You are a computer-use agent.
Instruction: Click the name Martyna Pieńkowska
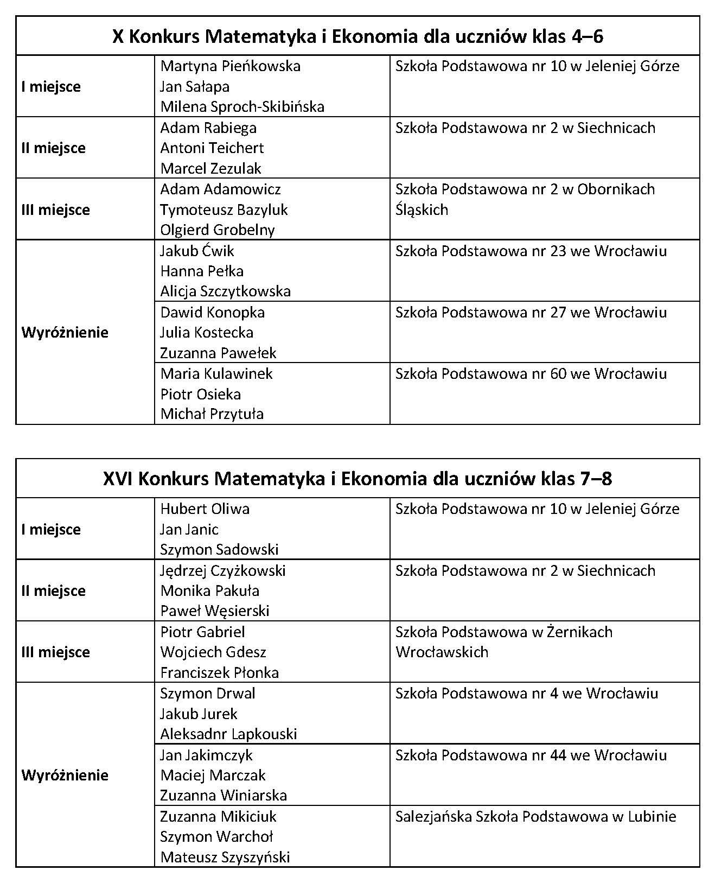[231, 66]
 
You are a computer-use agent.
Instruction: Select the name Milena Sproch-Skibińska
[242, 106]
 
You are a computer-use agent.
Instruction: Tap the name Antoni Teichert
[212, 148]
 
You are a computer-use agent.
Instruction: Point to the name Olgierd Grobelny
[218, 230]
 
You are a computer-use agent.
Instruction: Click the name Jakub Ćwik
[197, 251]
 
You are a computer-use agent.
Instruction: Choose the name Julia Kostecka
[207, 333]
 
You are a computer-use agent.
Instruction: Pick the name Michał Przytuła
[212, 414]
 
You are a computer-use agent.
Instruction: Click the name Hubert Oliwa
[205, 509]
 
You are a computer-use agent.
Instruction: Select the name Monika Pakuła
[210, 591]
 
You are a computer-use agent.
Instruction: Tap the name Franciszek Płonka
[220, 673]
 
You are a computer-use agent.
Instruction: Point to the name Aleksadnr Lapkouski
[228, 734]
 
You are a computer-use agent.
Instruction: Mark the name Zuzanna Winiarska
[224, 796]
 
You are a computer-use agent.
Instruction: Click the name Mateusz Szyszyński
[225, 857]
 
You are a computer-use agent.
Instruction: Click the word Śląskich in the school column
[422, 210]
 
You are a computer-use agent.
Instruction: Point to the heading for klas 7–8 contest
[357, 479]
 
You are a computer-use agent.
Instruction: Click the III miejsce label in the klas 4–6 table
[55, 210]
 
